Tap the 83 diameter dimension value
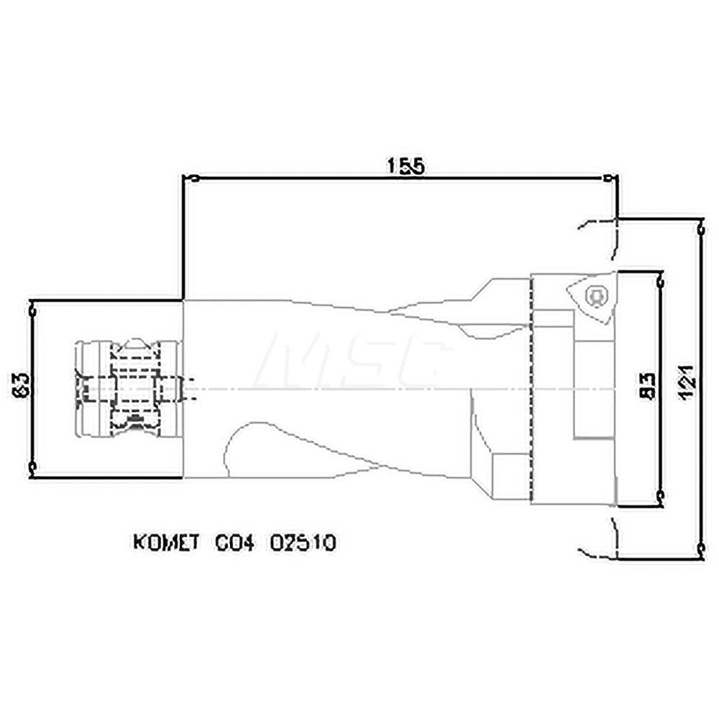[648, 387]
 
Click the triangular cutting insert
[590, 296]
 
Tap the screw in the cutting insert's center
[594, 296]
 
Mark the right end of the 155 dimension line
[610, 178]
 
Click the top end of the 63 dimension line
[32, 308]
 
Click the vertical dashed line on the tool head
[531, 388]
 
